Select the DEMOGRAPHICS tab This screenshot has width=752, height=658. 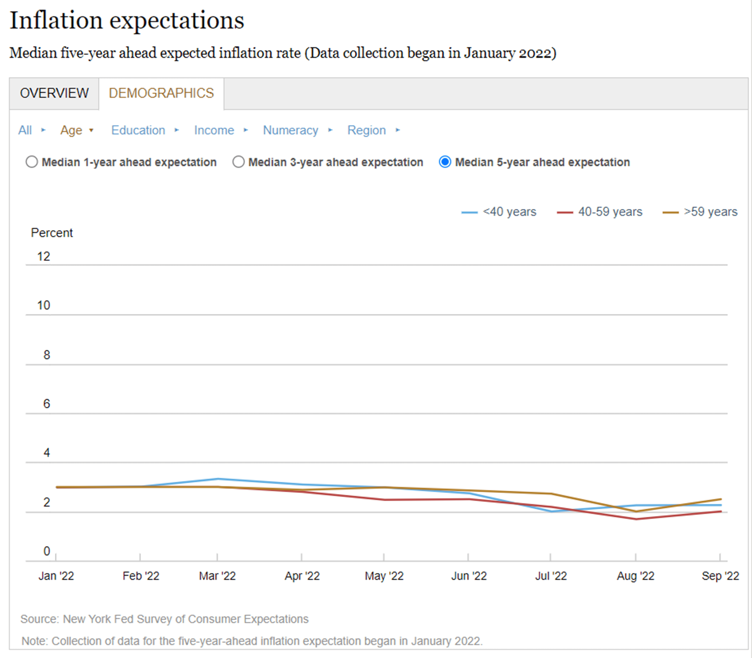tap(161, 93)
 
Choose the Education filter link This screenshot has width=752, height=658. tap(138, 130)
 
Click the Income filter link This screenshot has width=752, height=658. tap(214, 130)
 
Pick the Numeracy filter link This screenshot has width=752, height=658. tap(291, 130)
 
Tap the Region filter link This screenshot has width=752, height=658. tap(367, 130)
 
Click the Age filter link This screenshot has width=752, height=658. tap(71, 130)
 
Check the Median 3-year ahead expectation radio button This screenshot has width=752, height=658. tap(238, 162)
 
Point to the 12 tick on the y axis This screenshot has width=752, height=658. tap(43, 256)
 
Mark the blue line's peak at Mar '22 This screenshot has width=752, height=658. tap(218, 479)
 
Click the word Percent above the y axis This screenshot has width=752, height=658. tap(52, 233)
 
